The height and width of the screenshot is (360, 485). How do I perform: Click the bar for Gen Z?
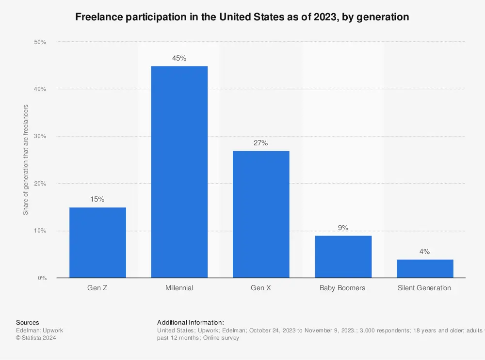[x=97, y=242]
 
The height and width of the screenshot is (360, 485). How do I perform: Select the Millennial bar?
[x=179, y=172]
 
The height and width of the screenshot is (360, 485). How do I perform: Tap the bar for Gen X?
[x=261, y=214]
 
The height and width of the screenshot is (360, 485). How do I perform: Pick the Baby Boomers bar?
[x=343, y=256]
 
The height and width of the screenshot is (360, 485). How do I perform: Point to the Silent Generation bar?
[x=425, y=268]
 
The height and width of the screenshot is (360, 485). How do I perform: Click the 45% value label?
[x=179, y=58]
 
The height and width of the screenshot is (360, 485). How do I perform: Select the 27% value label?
[x=261, y=143]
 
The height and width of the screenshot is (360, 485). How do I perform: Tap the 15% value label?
[x=97, y=199]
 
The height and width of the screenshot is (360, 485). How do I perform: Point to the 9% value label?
[x=343, y=228]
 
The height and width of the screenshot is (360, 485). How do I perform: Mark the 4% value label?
[x=425, y=251]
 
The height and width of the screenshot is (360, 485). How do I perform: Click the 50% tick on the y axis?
[x=40, y=42]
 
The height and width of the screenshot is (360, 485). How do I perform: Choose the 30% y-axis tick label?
[x=40, y=136]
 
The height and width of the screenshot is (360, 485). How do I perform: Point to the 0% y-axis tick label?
[x=42, y=278]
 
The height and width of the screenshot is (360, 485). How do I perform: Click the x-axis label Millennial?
[x=179, y=288]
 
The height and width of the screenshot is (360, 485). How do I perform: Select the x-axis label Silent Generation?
[x=424, y=288]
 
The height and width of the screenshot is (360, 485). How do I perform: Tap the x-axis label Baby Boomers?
[x=342, y=288]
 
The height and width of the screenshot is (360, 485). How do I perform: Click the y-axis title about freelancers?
[x=26, y=159]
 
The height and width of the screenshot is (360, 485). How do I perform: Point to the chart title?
[x=242, y=17]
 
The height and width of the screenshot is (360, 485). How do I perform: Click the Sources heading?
[x=28, y=322]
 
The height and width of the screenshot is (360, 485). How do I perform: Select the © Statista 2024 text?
[x=36, y=338]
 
